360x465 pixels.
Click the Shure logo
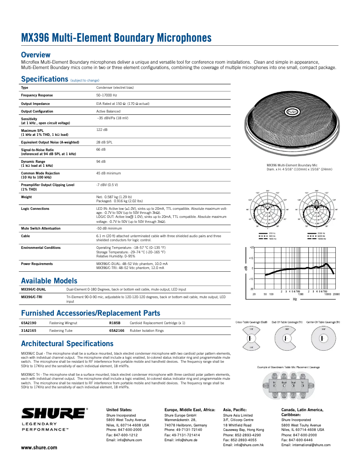click(x=54, y=413)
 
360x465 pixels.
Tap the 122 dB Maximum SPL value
click(x=102, y=130)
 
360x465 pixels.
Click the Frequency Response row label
click(x=37, y=96)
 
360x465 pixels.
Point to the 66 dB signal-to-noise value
click(x=101, y=149)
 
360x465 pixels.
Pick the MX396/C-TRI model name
click(x=33, y=297)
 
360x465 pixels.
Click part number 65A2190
click(x=29, y=323)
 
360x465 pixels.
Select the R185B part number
click(x=114, y=323)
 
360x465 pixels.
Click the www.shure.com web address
click(x=39, y=448)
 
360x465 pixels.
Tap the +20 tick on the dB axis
click(x=251, y=248)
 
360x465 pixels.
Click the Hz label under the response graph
click(x=295, y=299)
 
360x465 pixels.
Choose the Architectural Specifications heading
click(x=67, y=344)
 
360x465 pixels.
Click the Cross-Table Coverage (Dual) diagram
click(x=251, y=337)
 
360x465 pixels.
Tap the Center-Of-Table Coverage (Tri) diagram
click(x=323, y=337)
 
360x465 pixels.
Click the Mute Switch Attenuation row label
click(x=41, y=228)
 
